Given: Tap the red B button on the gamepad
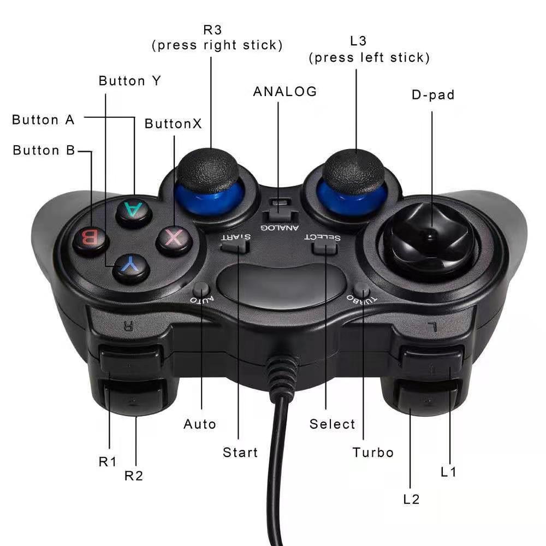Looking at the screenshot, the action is (91, 240).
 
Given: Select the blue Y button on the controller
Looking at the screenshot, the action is (132, 268).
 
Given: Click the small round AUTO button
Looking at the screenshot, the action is (201, 289).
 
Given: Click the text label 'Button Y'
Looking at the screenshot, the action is (130, 81).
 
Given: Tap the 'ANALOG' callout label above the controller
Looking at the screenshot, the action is (285, 92).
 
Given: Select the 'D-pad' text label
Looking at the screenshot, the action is (433, 94).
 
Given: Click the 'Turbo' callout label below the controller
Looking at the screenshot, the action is (373, 452).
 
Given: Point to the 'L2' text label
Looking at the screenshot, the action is (411, 500).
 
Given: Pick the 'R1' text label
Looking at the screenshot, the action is (107, 462).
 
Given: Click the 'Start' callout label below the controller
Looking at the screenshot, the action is (240, 452).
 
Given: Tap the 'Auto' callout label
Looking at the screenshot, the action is (200, 424).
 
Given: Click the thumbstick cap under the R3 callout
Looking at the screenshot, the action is (208, 170).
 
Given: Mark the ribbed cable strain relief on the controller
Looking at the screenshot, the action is (282, 376).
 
